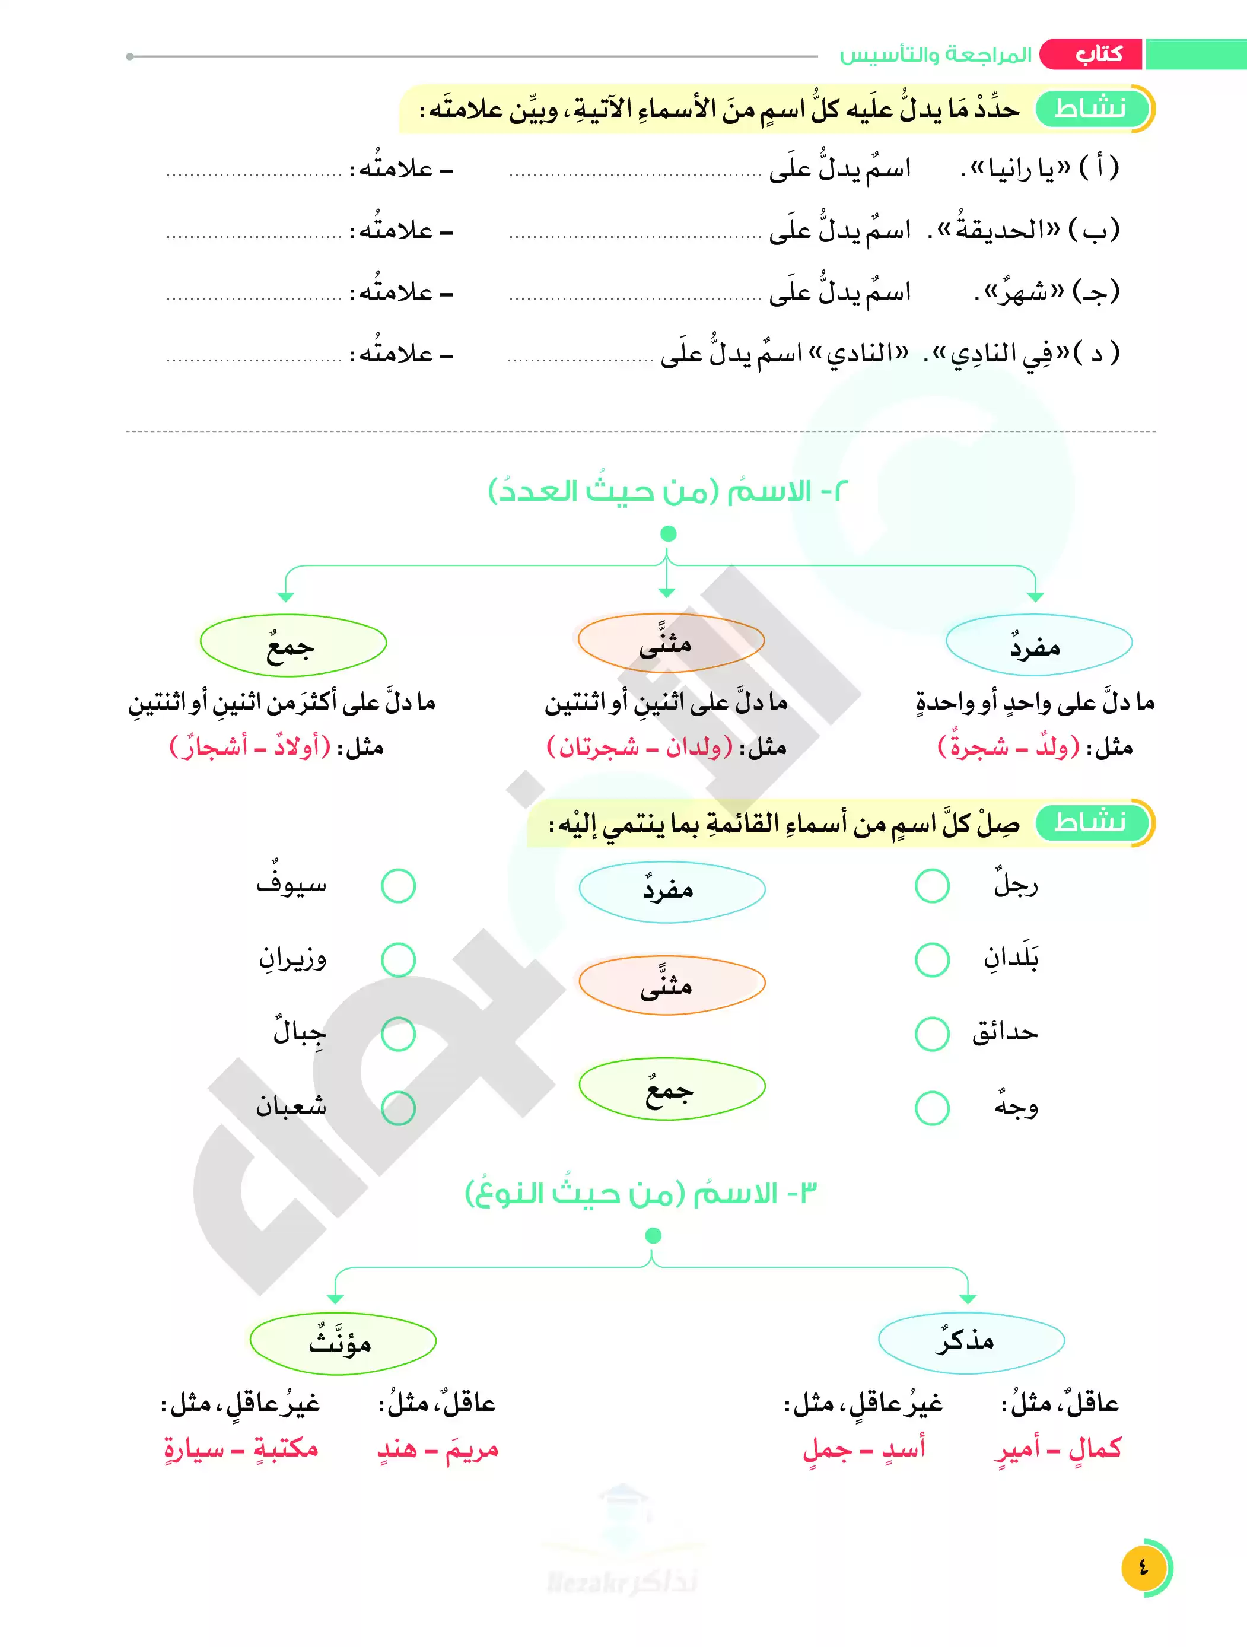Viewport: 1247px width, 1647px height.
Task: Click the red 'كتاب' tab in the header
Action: click(1092, 55)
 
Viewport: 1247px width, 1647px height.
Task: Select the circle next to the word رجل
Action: click(932, 885)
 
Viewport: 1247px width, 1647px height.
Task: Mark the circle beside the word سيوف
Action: click(398, 885)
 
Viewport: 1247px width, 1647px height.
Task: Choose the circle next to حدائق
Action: click(932, 1034)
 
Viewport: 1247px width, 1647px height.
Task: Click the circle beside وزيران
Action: click(398, 960)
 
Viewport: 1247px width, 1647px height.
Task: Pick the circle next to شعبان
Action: click(398, 1108)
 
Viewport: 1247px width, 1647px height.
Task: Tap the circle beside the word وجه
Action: click(932, 1108)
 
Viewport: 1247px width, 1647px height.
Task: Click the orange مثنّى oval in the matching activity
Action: click(672, 985)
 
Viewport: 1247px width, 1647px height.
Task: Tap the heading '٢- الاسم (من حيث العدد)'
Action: click(668, 491)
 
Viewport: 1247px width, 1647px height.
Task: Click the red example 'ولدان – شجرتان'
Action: click(640, 746)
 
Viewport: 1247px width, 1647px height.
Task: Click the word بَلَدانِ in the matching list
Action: click(1010, 958)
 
